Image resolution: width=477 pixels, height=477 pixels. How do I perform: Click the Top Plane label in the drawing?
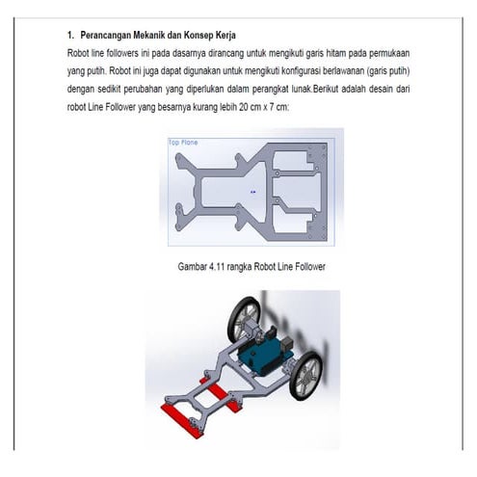coord(184,142)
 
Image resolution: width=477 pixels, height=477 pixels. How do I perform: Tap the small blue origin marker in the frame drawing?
coord(252,192)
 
